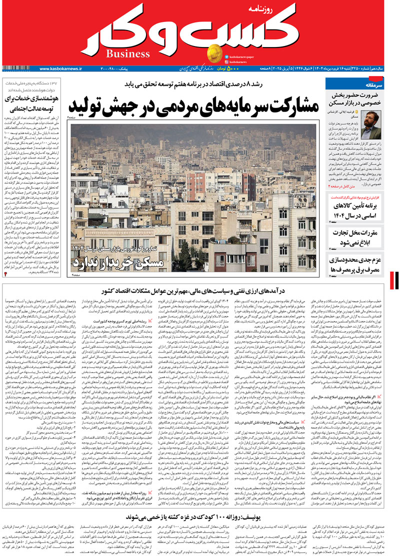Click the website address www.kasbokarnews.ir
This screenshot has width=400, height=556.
(60, 68)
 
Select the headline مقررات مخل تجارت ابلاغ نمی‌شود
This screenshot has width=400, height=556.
(358, 236)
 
